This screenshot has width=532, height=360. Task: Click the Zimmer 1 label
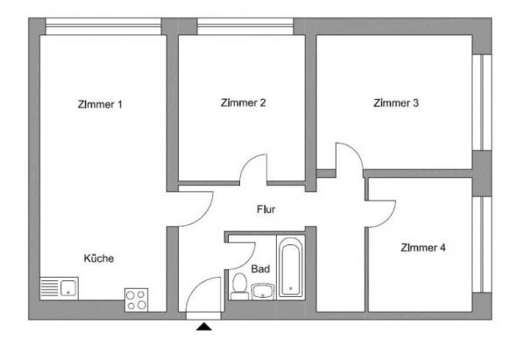pos(100,104)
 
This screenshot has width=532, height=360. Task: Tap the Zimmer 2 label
pos(244,102)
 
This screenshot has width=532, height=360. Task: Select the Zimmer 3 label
pos(396,102)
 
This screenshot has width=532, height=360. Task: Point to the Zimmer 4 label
pos(423,248)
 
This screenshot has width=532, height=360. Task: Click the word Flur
pos(266,209)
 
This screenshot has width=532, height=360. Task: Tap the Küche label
pos(99,258)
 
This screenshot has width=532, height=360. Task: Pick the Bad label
pos(260,269)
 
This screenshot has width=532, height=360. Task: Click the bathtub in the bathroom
pos(291,267)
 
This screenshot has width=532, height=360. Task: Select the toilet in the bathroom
pos(239,286)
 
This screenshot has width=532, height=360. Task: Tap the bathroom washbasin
pos(263,291)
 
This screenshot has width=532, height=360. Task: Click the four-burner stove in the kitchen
pos(137,300)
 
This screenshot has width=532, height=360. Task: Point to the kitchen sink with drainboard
pos(60,288)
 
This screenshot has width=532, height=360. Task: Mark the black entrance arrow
pos(204,327)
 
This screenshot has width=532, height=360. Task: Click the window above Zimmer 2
pos(245,26)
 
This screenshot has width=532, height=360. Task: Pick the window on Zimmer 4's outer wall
pos(482,244)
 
